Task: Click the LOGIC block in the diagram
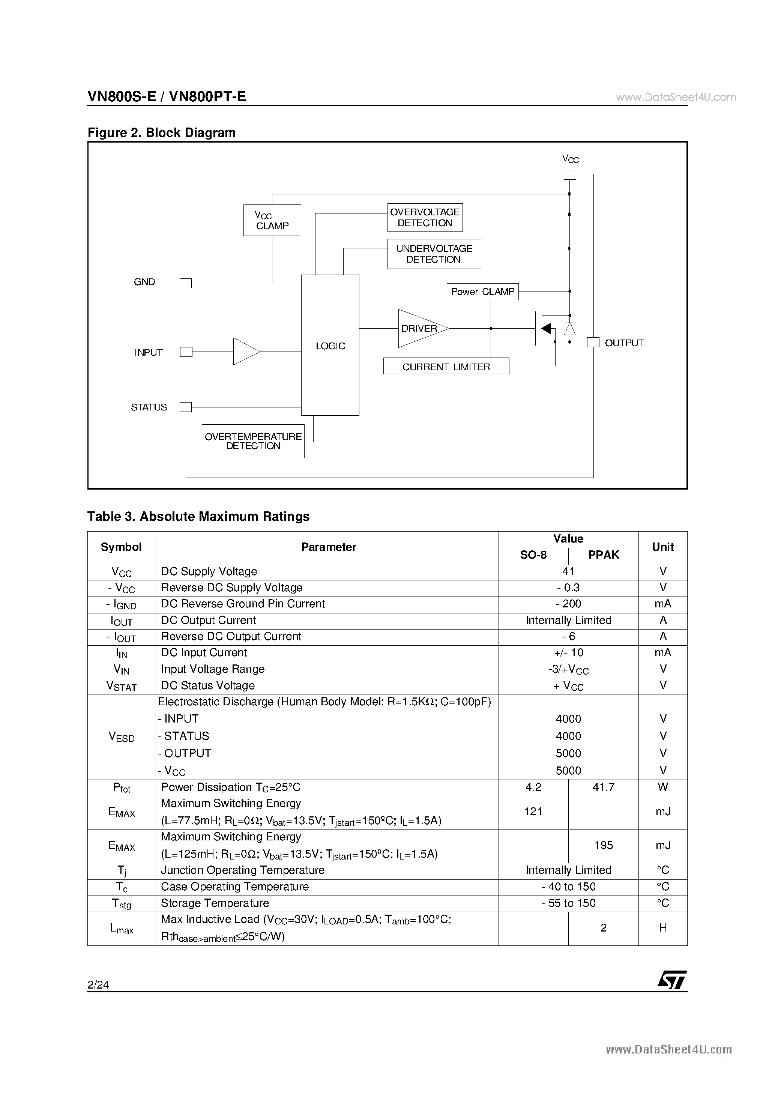point(330,345)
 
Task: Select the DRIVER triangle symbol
point(421,329)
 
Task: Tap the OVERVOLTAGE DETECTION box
point(425,217)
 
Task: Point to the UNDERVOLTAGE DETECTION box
point(434,254)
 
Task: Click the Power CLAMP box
point(482,292)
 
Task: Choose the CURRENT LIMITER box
point(446,367)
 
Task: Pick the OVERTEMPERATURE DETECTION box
point(253,441)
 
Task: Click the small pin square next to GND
point(185,283)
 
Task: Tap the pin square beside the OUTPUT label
point(593,342)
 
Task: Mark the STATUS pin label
point(149,407)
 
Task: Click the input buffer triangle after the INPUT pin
point(245,352)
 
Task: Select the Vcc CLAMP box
point(272,220)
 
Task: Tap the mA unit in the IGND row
point(663,604)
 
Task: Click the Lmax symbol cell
point(122,928)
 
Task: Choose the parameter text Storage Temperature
point(215,903)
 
